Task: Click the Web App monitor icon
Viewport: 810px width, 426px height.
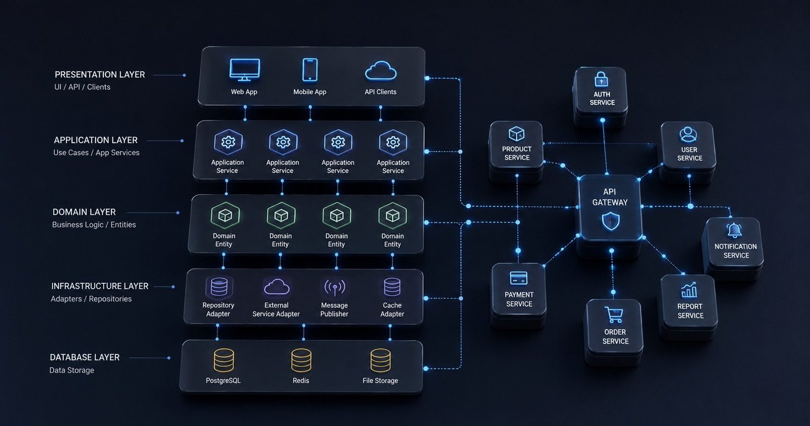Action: coord(245,70)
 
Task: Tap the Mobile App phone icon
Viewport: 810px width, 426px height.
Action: coord(310,70)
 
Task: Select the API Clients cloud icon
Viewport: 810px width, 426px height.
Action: coord(381,70)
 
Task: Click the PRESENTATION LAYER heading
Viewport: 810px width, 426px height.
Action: coord(100,74)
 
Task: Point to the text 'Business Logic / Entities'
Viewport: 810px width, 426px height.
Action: coord(94,224)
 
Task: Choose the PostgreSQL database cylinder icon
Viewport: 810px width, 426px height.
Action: coord(224,360)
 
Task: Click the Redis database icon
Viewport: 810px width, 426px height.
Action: coord(301,360)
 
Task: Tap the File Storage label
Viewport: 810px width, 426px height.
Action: coord(380,380)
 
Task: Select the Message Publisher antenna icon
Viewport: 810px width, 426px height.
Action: coord(335,287)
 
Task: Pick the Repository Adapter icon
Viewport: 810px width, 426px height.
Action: coord(219,287)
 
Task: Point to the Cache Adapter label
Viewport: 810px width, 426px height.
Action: coord(392,310)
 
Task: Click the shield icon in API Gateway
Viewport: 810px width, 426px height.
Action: coord(611,221)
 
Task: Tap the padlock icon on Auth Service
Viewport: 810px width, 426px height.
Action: coord(601,79)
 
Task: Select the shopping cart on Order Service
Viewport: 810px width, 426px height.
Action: coord(614,315)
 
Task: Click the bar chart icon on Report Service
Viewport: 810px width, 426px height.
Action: coord(689,290)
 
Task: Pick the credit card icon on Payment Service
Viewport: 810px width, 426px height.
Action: coord(518,278)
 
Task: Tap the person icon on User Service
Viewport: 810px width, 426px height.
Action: coord(688,135)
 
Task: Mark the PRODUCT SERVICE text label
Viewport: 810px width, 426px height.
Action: coord(517,153)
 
